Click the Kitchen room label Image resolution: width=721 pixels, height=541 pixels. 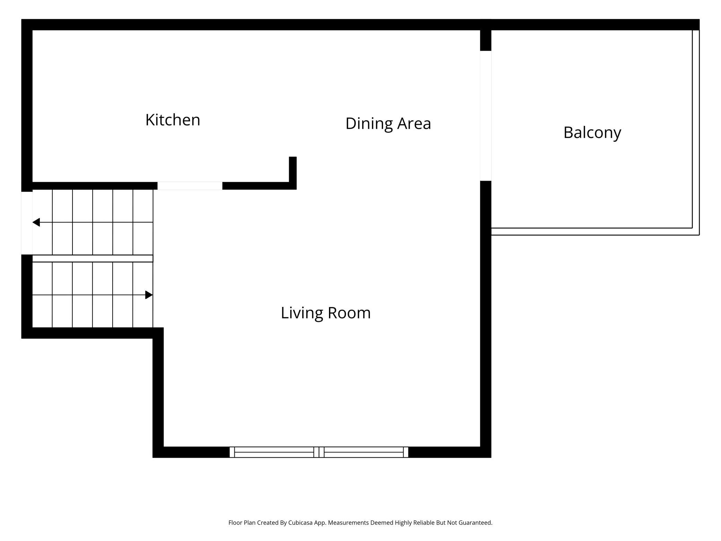click(x=173, y=120)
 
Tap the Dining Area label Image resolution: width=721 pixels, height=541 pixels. click(x=388, y=124)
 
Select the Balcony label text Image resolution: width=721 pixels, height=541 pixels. click(x=592, y=133)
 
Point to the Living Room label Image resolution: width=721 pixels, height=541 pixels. click(x=325, y=313)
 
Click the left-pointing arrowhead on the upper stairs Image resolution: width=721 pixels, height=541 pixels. click(x=36, y=222)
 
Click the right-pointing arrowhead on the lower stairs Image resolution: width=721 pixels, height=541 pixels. click(x=149, y=295)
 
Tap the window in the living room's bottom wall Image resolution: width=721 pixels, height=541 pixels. click(x=319, y=452)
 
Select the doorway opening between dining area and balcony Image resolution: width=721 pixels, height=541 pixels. click(x=486, y=116)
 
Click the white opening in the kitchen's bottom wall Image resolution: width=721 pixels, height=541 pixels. click(x=190, y=186)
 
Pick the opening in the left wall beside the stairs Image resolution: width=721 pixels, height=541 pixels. click(x=27, y=223)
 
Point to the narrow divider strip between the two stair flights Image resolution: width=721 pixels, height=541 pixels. click(x=93, y=258)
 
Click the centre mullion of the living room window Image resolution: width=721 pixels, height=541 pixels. click(x=319, y=452)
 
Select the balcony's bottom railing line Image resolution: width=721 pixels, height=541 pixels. click(x=595, y=232)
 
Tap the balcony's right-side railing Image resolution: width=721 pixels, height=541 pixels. click(x=696, y=132)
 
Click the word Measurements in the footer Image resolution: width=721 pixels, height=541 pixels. click(x=348, y=523)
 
